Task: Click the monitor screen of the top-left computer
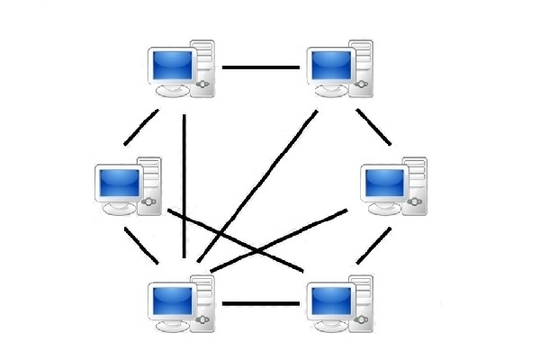[x=173, y=65]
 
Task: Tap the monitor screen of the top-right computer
[x=332, y=65]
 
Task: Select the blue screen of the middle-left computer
[x=119, y=183]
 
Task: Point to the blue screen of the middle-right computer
[x=385, y=183]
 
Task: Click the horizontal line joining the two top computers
[x=261, y=67]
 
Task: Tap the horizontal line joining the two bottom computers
[x=261, y=303]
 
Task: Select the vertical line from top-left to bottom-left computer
[x=184, y=180]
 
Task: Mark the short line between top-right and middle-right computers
[x=373, y=127]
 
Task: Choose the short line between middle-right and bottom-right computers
[x=373, y=245]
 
